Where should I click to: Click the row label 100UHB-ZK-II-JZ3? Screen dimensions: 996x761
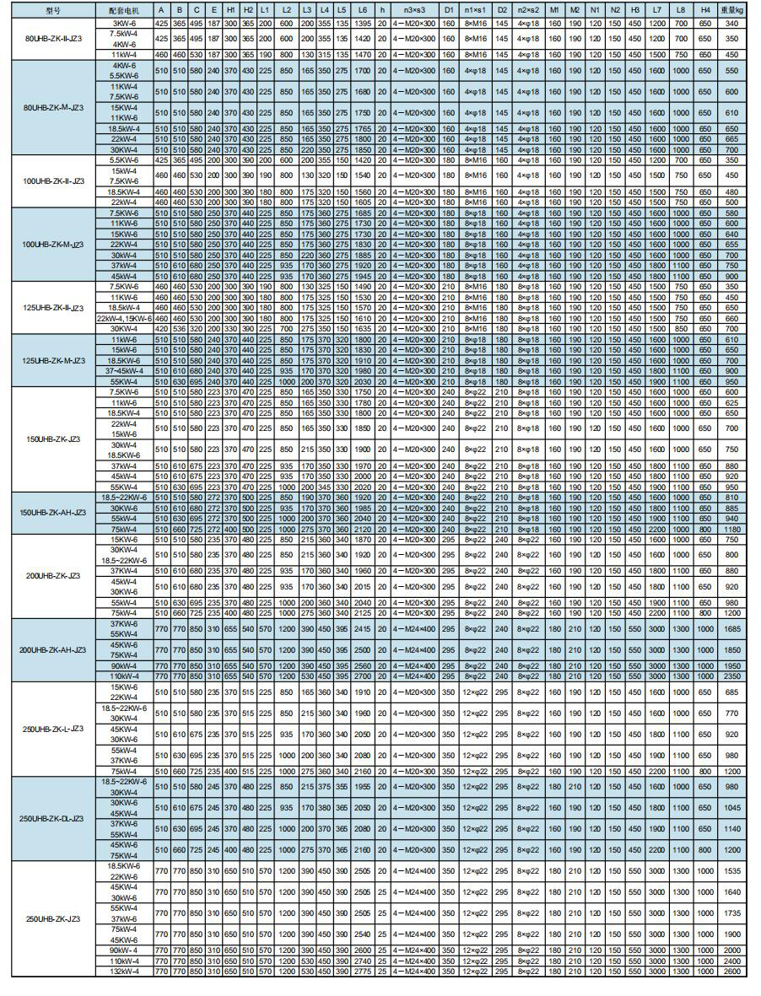point(53,180)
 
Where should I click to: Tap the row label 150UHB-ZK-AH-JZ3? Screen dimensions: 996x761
point(53,512)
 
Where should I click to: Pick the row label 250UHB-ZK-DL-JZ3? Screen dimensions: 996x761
point(53,818)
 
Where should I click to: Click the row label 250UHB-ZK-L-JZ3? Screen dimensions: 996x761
point(53,728)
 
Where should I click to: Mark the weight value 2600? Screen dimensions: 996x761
point(731,972)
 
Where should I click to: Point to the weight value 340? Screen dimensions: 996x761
point(731,23)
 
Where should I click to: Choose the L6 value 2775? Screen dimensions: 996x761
point(362,972)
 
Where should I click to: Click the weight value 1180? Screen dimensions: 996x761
point(731,529)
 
